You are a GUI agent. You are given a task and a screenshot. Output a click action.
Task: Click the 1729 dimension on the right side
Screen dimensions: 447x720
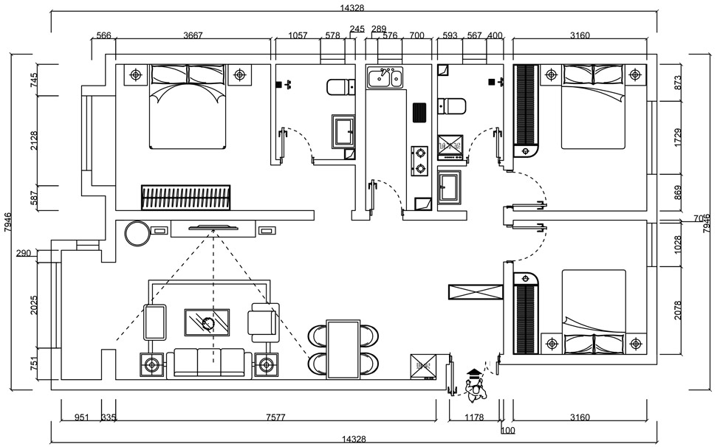point(679,137)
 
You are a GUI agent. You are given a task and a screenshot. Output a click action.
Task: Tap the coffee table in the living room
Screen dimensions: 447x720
point(207,322)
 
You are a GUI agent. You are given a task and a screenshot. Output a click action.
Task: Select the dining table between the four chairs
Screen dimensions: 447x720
point(343,348)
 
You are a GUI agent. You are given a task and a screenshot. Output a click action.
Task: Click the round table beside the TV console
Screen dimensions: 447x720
point(137,233)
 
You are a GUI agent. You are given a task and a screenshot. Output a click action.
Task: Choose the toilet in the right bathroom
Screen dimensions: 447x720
point(451,106)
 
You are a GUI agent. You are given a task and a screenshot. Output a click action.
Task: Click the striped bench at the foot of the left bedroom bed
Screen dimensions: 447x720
point(186,198)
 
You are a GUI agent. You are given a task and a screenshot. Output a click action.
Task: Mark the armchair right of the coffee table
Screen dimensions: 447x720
point(264,322)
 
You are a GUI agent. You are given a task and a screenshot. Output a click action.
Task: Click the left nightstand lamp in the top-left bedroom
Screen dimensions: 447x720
point(134,74)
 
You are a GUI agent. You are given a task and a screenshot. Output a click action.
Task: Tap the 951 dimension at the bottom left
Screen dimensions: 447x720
point(81,417)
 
